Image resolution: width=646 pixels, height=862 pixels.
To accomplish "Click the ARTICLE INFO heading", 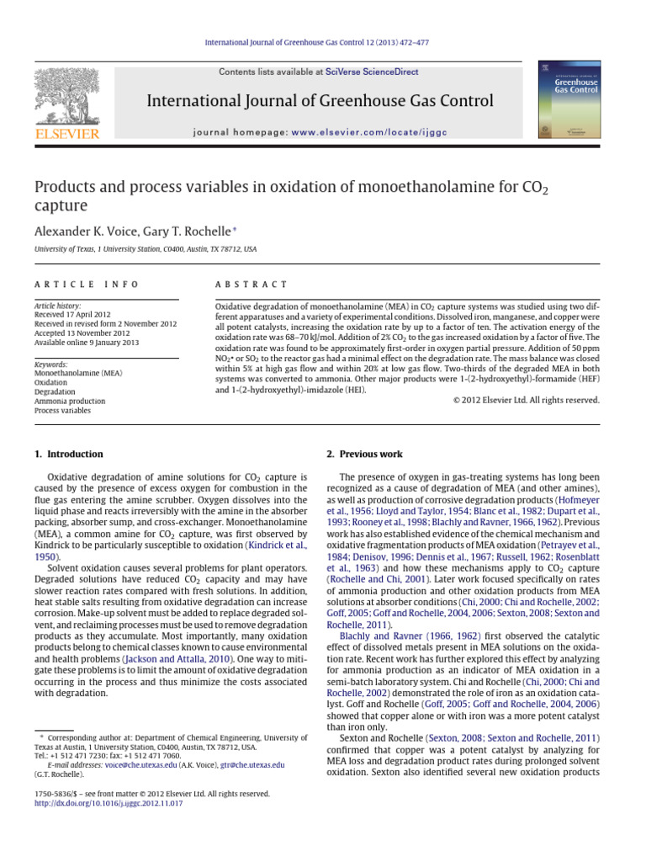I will (87, 285).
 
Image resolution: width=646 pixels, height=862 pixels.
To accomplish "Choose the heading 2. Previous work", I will (364, 455).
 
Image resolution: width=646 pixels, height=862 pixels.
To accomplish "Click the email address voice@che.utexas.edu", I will (142, 765).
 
